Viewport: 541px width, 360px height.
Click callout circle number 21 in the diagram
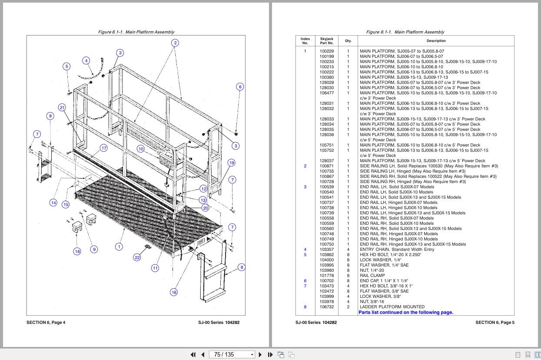[62, 107]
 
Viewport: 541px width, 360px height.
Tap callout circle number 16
[174, 292]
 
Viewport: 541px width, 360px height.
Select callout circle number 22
[137, 257]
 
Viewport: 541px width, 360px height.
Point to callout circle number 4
[86, 60]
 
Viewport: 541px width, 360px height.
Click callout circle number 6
[240, 87]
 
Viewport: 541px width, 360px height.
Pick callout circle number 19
[232, 163]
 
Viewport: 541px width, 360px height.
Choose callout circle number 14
[53, 203]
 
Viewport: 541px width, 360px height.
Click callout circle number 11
[155, 268]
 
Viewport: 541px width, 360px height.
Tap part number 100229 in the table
[327, 51]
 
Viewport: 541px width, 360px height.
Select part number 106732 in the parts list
[327, 307]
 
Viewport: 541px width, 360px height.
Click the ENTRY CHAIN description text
[397, 250]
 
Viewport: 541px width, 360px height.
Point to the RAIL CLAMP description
[372, 276]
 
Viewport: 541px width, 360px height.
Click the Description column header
[436, 41]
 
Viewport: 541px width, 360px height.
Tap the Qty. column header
[348, 41]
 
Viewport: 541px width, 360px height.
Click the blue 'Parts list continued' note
[406, 312]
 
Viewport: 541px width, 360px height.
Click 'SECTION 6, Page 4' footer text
[46, 322]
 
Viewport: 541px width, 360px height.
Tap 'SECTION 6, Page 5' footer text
[495, 322]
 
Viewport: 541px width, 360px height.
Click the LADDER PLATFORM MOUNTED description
[386, 307]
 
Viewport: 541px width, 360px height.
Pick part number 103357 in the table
[327, 250]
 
